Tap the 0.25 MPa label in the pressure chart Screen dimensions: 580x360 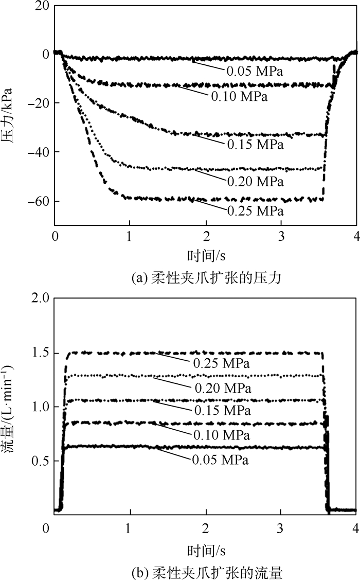coord(255,210)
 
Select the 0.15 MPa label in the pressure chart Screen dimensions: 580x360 coord(255,145)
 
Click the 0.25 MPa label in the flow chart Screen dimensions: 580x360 coord(222,363)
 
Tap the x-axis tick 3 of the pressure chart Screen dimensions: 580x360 coord(281,236)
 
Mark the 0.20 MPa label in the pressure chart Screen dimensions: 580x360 coord(255,182)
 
